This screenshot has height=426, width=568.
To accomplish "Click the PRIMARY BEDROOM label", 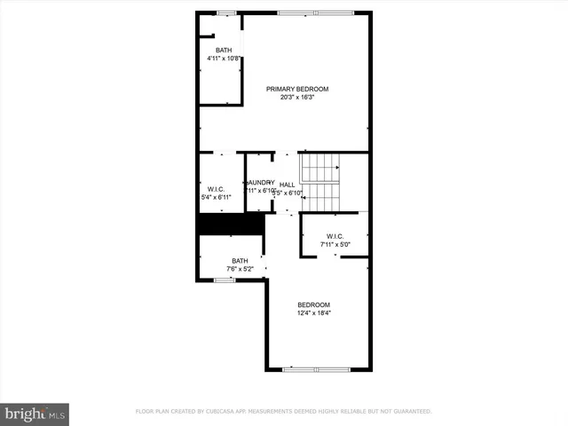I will (x=297, y=89).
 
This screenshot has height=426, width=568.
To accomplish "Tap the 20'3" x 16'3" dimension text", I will (x=297, y=98).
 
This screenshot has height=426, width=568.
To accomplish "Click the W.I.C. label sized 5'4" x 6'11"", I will (x=216, y=188).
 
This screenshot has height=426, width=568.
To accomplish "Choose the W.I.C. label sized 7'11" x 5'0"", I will (x=335, y=235).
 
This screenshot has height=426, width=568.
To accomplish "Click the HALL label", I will (x=287, y=185).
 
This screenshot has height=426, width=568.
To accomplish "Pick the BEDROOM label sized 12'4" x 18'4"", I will (x=313, y=304).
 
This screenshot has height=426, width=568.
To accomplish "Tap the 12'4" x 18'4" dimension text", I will (x=313, y=312).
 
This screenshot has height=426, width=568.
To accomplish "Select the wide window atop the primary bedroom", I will (x=303, y=12).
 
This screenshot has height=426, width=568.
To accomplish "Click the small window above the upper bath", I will (x=228, y=12).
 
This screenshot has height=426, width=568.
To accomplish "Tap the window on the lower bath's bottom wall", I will (x=225, y=280).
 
